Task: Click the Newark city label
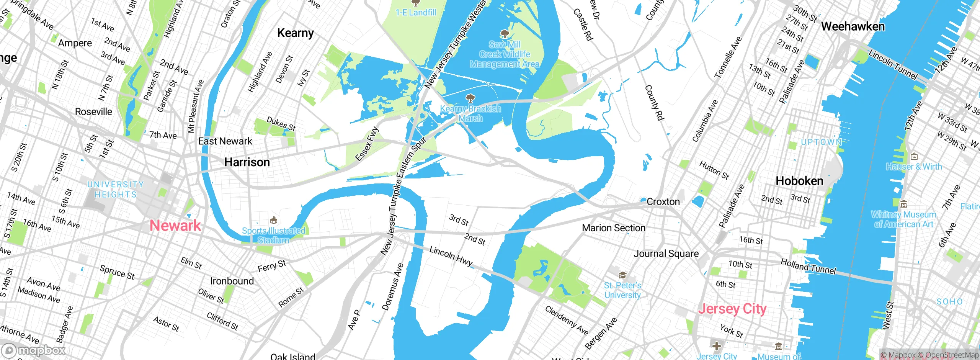(x=175, y=225)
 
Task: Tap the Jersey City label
(x=732, y=309)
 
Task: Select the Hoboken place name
(x=799, y=181)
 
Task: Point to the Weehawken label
(x=853, y=26)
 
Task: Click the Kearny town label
(x=295, y=33)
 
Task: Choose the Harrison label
(x=247, y=162)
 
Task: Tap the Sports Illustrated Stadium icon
(x=273, y=220)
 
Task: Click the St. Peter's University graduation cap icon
(x=622, y=275)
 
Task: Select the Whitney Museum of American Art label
(x=903, y=219)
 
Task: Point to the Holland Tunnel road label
(x=808, y=266)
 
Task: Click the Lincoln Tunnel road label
(x=893, y=65)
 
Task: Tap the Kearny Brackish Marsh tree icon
(x=470, y=98)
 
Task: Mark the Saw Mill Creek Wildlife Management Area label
(x=505, y=54)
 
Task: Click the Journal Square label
(x=666, y=254)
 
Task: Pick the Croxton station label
(x=663, y=202)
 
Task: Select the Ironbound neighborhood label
(x=232, y=281)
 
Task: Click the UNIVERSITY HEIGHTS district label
(x=116, y=190)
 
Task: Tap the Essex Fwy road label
(x=367, y=144)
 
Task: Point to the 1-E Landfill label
(x=416, y=13)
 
